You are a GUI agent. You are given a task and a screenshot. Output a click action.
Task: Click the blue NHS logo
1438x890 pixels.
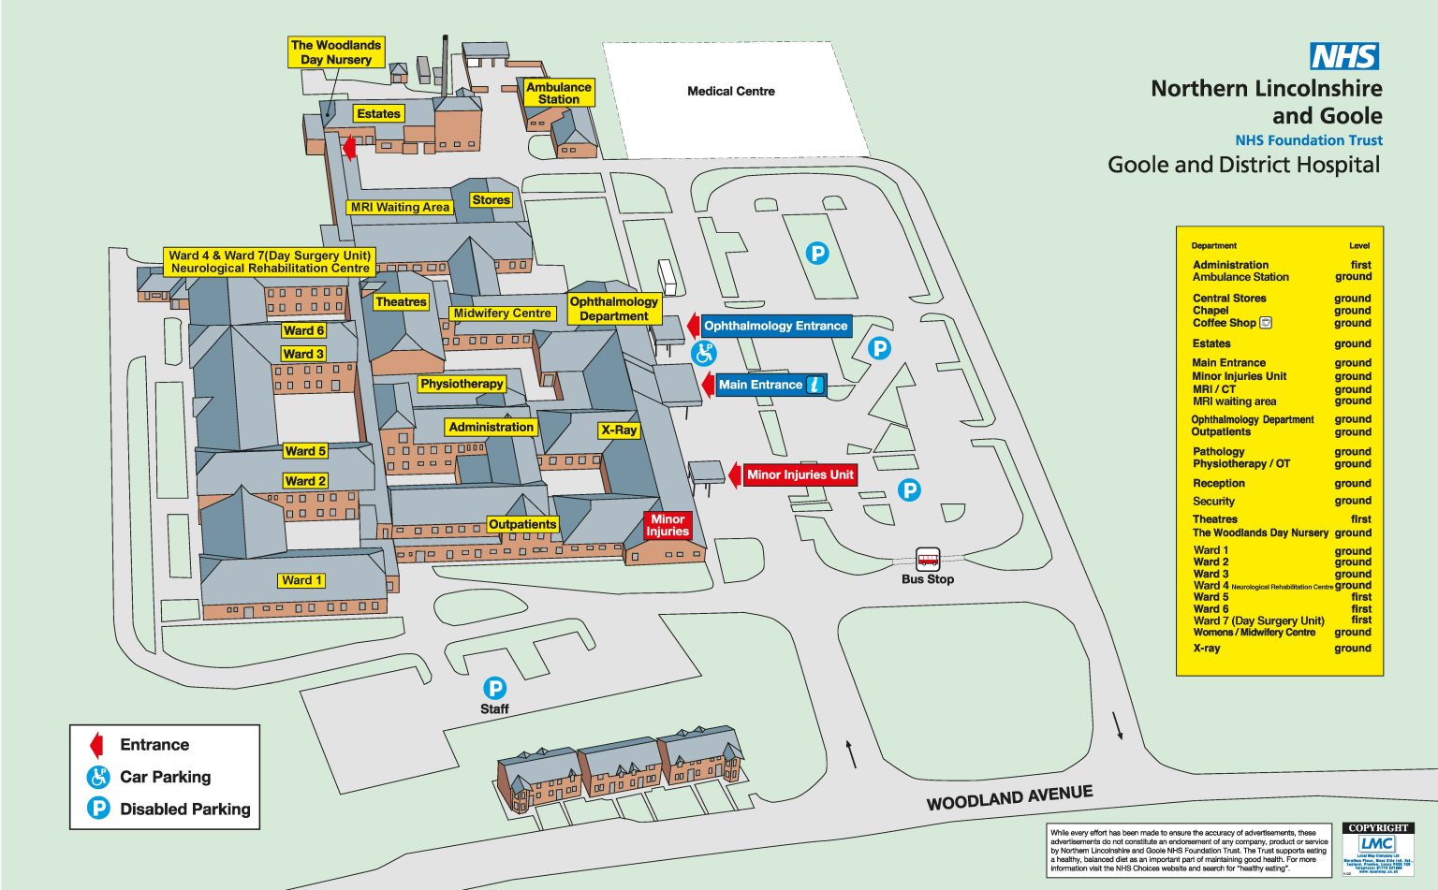tap(1344, 56)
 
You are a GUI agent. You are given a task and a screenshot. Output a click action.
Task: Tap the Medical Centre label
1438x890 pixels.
tap(730, 91)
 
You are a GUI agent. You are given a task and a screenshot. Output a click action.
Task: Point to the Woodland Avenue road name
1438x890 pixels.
tap(1009, 797)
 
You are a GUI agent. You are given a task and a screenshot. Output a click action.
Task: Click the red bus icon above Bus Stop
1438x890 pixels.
tap(928, 560)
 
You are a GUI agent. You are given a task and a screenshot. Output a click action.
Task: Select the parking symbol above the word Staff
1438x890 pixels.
tap(494, 688)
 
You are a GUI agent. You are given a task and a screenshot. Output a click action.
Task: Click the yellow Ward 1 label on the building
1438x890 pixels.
tap(301, 580)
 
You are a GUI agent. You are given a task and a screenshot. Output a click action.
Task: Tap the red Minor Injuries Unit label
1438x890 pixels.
tap(800, 474)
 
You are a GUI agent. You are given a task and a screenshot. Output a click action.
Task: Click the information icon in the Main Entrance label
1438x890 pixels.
tap(814, 385)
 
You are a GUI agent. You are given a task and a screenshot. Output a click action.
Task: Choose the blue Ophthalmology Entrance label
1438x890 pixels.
tap(775, 326)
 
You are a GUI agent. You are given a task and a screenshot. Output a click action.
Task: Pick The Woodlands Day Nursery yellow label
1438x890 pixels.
tap(335, 52)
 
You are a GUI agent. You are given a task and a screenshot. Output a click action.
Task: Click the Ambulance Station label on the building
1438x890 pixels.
tap(558, 93)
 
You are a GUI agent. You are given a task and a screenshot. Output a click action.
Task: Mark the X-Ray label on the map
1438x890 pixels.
tap(619, 430)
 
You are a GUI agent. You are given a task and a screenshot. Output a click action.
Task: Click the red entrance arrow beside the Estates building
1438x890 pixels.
tap(348, 147)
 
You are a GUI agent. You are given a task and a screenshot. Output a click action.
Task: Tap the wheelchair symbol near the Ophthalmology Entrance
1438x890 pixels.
tap(703, 353)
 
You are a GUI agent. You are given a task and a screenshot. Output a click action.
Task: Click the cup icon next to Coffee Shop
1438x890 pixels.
tap(1266, 323)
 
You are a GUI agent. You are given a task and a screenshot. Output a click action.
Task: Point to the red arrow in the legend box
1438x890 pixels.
tap(95, 745)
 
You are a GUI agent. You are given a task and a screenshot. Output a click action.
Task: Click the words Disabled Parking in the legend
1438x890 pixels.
tap(184, 809)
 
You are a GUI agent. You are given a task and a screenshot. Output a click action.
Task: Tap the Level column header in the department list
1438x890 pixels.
tap(1359, 245)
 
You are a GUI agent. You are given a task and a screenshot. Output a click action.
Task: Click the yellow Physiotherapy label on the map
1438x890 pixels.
tap(462, 384)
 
